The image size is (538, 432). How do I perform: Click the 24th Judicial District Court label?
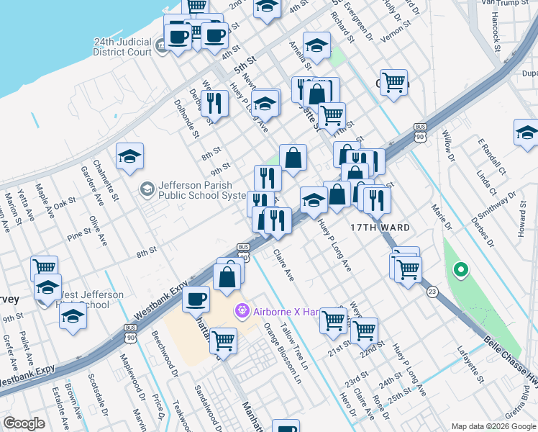(x=122, y=47)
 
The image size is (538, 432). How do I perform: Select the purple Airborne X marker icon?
(x=242, y=311)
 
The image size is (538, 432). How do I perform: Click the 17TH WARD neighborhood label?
(x=380, y=228)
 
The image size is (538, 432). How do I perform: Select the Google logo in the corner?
(x=24, y=423)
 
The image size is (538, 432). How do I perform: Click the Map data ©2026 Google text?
(x=493, y=426)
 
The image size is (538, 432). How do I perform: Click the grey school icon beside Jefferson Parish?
(x=147, y=189)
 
